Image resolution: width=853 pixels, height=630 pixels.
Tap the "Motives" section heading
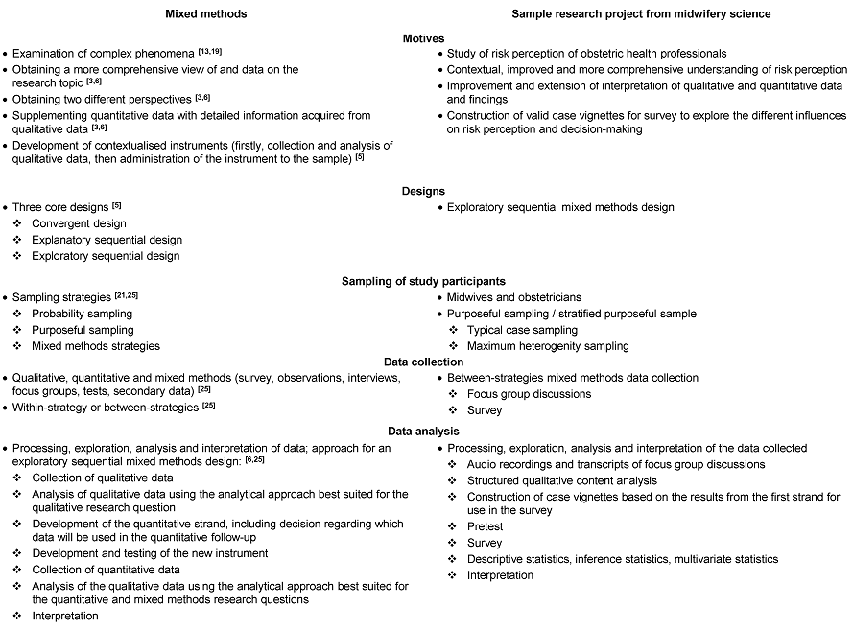pyautogui.click(x=426, y=38)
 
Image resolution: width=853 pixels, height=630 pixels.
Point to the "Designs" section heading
pyautogui.click(x=426, y=191)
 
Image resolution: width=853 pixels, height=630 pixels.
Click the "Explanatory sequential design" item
pyautogui.click(x=107, y=240)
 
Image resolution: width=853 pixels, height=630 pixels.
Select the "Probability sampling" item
pyautogui.click(x=83, y=314)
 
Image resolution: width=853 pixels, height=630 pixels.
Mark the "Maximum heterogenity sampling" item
pyautogui.click(x=548, y=345)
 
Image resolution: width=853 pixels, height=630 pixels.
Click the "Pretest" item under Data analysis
pyautogui.click(x=485, y=526)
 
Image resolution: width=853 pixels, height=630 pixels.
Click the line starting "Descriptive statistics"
pyautogui.click(x=623, y=558)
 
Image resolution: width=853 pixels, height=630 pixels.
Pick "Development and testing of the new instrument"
pyautogui.click(x=150, y=553)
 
